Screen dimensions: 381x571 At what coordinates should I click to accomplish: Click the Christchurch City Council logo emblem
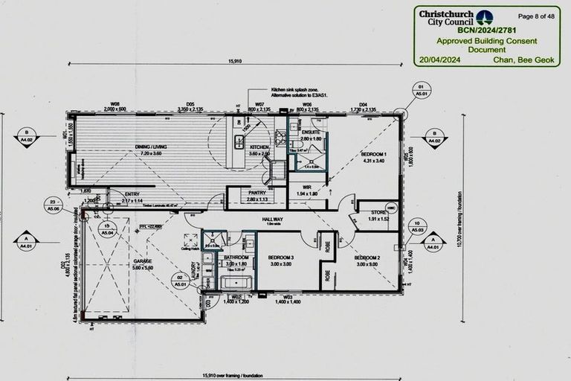pyautogui.click(x=484, y=17)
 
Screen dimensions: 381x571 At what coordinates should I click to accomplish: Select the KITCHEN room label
pyautogui.click(x=259, y=147)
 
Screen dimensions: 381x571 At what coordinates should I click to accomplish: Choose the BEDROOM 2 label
pyautogui.click(x=367, y=257)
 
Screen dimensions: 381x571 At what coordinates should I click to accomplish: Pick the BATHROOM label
pyautogui.click(x=236, y=257)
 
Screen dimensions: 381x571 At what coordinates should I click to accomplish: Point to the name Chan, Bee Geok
pyautogui.click(x=526, y=59)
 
